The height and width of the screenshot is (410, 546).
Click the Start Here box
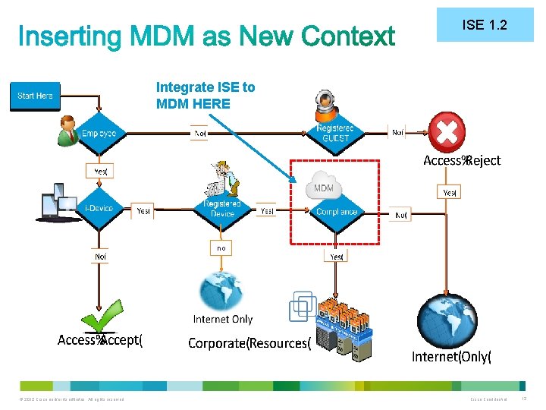click(x=35, y=96)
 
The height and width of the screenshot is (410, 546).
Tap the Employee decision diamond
click(x=99, y=134)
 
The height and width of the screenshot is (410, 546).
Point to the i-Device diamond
click(x=99, y=209)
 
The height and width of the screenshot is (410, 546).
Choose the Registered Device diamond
click(x=222, y=209)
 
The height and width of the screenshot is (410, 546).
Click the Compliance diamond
click(x=337, y=212)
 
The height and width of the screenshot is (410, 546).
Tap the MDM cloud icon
click(x=324, y=187)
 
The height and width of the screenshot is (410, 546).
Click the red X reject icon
click(x=447, y=131)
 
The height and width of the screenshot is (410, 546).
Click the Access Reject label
click(x=462, y=160)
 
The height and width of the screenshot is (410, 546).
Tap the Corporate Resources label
click(x=249, y=343)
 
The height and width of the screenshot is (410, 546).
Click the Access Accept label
click(x=100, y=340)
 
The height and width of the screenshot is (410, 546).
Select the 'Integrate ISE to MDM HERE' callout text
click(x=206, y=96)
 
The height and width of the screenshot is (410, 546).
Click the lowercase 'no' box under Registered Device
click(x=221, y=248)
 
